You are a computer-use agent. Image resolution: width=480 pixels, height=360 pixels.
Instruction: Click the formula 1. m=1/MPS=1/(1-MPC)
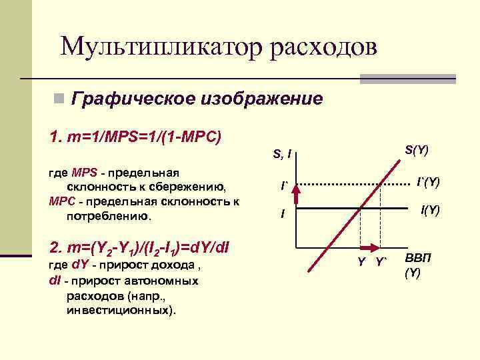(135, 137)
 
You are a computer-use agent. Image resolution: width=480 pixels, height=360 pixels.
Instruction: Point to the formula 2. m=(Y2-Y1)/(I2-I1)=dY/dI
(139, 248)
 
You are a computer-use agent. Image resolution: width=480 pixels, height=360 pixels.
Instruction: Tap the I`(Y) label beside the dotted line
(427, 181)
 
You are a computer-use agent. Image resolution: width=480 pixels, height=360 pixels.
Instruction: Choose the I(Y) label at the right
(429, 210)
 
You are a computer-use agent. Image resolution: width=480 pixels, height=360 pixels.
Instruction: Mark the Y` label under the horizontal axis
(382, 261)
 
